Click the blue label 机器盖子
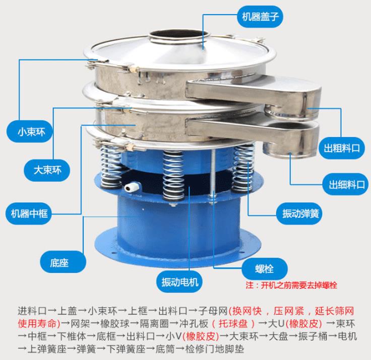click(260, 17)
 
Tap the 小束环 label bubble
click(30, 132)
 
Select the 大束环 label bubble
click(47, 170)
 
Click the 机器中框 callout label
click(29, 213)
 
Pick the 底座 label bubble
click(63, 262)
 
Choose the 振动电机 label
click(179, 282)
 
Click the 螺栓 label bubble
click(265, 269)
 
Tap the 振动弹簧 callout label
click(300, 213)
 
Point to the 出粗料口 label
click(342, 148)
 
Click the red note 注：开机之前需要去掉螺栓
click(291, 285)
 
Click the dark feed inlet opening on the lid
click(178, 34)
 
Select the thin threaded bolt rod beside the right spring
click(213, 174)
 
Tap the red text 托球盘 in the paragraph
click(233, 323)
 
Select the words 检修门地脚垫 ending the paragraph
click(215, 348)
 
